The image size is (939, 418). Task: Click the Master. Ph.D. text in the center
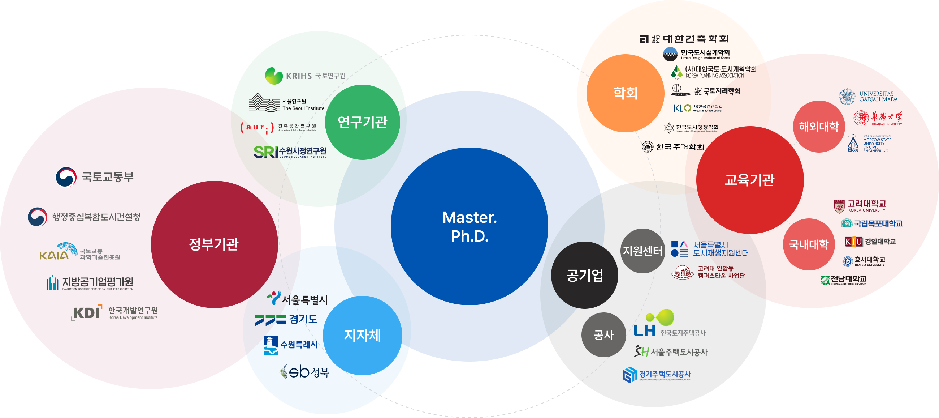(469, 226)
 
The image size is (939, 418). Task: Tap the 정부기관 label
(213, 244)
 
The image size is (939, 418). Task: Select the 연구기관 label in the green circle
(362, 121)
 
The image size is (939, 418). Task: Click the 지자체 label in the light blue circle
(362, 335)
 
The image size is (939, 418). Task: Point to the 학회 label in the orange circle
(626, 93)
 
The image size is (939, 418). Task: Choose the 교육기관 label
(749, 180)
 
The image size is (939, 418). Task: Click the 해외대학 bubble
(819, 127)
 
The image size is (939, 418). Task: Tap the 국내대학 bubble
(809, 244)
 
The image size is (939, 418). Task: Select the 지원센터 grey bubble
(642, 251)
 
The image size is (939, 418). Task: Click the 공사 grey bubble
(603, 335)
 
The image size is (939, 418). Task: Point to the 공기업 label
(585, 275)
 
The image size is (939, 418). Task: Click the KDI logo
(87, 313)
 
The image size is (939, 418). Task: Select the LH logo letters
(644, 331)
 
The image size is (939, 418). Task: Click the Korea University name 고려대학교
(866, 203)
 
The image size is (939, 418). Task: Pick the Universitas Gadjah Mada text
(878, 97)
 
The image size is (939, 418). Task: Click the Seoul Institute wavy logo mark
(264, 103)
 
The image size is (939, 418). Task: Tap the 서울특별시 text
(305, 300)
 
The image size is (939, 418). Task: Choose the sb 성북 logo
(304, 372)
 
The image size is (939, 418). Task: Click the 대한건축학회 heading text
(695, 39)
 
